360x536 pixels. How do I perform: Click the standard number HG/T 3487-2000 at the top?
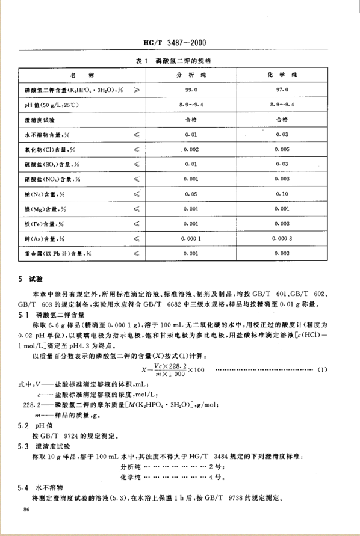(x=181, y=43)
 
